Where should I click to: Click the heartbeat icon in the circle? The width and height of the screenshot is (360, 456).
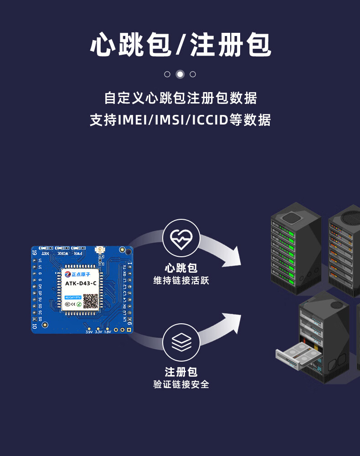(x=181, y=238)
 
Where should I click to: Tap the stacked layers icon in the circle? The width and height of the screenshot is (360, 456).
(x=181, y=342)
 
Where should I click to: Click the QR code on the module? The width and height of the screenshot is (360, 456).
(x=90, y=301)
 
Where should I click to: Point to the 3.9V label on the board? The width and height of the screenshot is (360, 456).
(x=89, y=332)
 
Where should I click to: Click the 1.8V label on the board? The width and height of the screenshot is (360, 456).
(x=108, y=332)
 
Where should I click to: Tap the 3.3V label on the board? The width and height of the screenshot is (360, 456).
(x=98, y=332)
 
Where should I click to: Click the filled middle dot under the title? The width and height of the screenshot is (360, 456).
(x=180, y=74)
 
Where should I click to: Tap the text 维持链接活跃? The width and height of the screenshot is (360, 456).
(x=181, y=280)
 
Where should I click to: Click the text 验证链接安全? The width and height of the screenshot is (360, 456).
(x=181, y=384)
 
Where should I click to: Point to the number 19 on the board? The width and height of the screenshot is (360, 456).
(x=35, y=251)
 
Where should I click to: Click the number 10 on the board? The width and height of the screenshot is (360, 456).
(x=35, y=326)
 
